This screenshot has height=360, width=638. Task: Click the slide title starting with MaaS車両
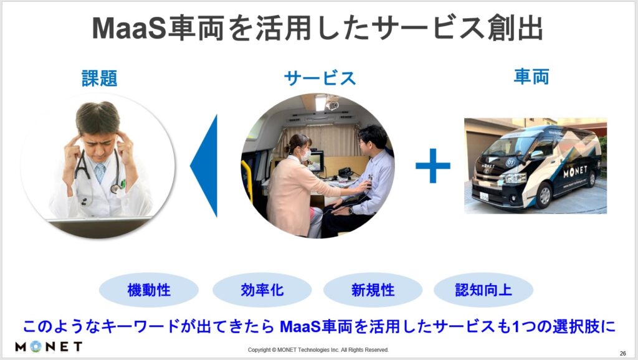[x=318, y=28]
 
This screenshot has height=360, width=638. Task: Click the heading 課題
[x=100, y=78]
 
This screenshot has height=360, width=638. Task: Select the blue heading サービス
[x=320, y=78]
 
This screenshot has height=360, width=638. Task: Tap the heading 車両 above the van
[x=531, y=77]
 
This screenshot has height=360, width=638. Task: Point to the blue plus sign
[x=433, y=166]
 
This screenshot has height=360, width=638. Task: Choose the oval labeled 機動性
[x=149, y=290]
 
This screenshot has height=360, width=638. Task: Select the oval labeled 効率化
[x=262, y=290]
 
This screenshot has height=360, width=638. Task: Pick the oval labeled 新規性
[x=373, y=290]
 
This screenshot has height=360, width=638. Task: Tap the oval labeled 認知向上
[x=483, y=290]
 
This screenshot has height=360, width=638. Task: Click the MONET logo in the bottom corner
[x=49, y=346]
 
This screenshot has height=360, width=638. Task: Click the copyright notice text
[x=318, y=350]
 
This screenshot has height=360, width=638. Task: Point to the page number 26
[x=622, y=354]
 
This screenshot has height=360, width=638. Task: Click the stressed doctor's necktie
[x=100, y=173]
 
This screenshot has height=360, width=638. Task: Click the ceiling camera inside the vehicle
[x=333, y=105]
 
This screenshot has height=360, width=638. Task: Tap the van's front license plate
[x=483, y=196]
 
